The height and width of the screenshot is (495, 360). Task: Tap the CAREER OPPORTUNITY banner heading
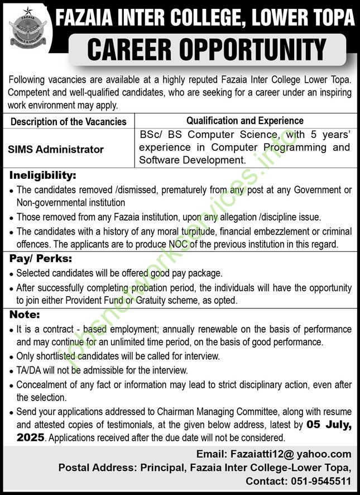tap(207, 49)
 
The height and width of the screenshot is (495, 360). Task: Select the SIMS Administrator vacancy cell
tap(56, 150)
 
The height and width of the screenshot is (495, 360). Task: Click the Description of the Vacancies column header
tap(69, 121)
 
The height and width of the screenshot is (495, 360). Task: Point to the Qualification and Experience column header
tap(244, 121)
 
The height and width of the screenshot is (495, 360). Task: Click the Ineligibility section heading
tap(42, 175)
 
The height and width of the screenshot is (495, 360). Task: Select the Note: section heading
tap(25, 315)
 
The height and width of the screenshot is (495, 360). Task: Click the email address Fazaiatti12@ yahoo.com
tap(288, 454)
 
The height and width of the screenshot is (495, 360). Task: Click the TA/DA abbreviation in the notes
tap(29, 370)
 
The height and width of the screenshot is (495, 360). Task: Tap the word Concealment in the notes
tap(42, 384)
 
